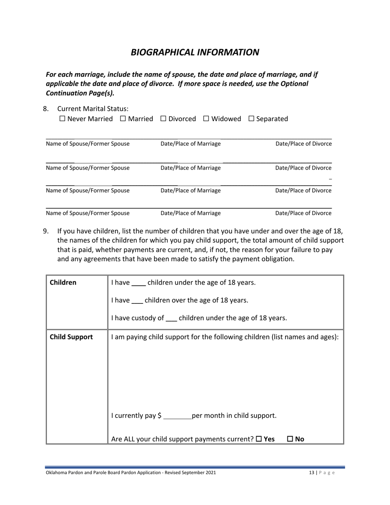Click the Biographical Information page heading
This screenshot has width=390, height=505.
(195, 52)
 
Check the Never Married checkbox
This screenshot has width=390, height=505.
(62, 119)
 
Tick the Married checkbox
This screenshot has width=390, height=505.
(123, 119)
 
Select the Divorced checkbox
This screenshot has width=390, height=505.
(163, 119)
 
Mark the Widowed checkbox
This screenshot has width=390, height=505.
(206, 119)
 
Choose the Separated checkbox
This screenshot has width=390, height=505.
(252, 119)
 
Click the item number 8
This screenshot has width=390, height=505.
(46, 109)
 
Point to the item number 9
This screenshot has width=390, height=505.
(46, 231)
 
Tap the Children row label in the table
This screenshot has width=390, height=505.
(63, 282)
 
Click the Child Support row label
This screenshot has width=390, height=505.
(71, 337)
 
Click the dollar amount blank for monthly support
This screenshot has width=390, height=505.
(177, 416)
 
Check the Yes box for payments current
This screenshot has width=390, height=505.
(259, 439)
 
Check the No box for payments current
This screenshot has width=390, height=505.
(290, 439)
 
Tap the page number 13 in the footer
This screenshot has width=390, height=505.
(312, 473)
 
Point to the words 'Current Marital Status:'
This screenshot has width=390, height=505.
(93, 109)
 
